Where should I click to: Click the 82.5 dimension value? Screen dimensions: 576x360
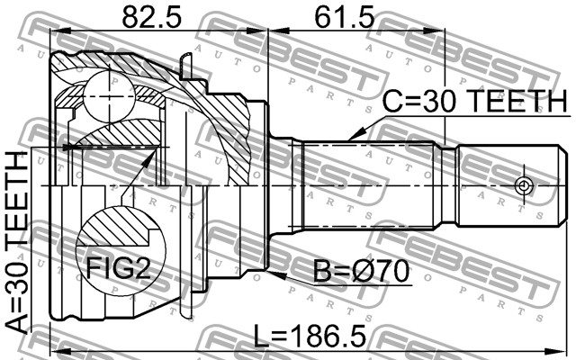[152, 17]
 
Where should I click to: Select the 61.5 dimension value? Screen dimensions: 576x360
[345, 17]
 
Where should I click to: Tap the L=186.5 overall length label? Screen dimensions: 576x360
[310, 336]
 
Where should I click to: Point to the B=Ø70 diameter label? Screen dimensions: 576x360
[362, 272]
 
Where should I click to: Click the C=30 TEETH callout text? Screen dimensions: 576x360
[475, 101]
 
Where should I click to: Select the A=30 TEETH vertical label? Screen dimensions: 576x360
[18, 242]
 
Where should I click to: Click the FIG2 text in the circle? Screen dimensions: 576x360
[118, 267]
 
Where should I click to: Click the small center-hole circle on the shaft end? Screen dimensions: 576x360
[523, 185]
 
